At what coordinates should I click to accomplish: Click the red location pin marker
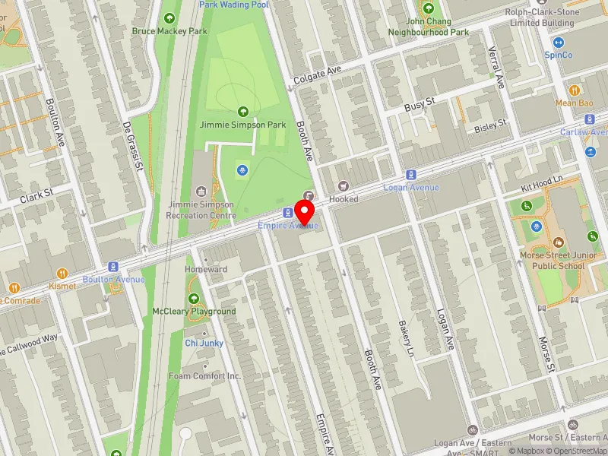pos(306,211)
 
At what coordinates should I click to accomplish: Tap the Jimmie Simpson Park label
pos(243,124)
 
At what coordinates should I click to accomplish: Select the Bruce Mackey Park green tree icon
pos(169,18)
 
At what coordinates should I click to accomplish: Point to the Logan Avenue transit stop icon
pos(411,175)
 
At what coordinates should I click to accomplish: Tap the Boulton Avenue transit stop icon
pos(113,267)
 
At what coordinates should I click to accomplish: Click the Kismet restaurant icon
pos(62,273)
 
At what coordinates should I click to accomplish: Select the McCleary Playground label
pos(194,312)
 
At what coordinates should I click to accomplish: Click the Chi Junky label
pos(204,343)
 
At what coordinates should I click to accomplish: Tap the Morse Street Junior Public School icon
pos(559,242)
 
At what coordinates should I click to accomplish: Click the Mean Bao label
pos(574,103)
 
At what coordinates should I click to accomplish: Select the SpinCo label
pos(559,55)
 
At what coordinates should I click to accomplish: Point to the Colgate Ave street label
pos(318,77)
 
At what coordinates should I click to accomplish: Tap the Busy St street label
pos(420,102)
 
